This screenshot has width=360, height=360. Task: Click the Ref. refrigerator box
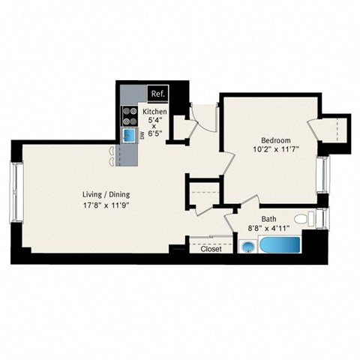pos(157,94)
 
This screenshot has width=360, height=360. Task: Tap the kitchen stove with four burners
pos(127,116)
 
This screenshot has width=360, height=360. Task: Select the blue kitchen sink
pos(130,136)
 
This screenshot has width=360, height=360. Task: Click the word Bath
pos(268,220)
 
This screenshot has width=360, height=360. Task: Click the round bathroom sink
pos(248,247)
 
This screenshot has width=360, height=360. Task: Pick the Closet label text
pos(211,250)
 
